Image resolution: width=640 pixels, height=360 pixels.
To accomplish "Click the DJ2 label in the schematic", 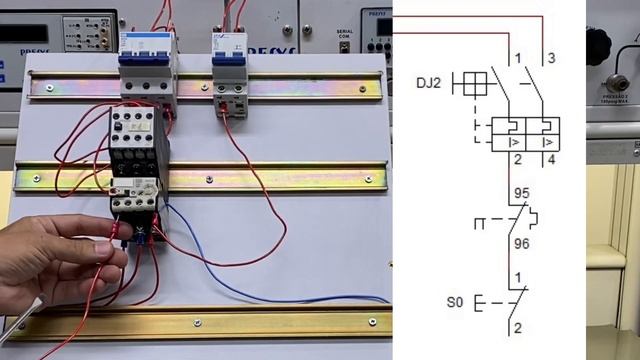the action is pyautogui.click(x=429, y=84).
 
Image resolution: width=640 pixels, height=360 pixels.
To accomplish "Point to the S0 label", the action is pyautogui.click(x=454, y=301).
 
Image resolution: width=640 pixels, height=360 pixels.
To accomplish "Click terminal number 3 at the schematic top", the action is pyautogui.click(x=551, y=58).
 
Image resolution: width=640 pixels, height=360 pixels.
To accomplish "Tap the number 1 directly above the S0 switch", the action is pyautogui.click(x=517, y=277).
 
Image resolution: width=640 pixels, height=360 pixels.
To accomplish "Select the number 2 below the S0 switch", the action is pyautogui.click(x=517, y=327).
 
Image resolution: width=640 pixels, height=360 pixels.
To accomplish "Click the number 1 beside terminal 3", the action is pyautogui.click(x=517, y=58).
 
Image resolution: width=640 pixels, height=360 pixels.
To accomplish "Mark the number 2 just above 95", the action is pyautogui.click(x=517, y=159).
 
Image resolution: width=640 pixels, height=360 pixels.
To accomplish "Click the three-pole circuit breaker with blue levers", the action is pyautogui.click(x=147, y=62).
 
